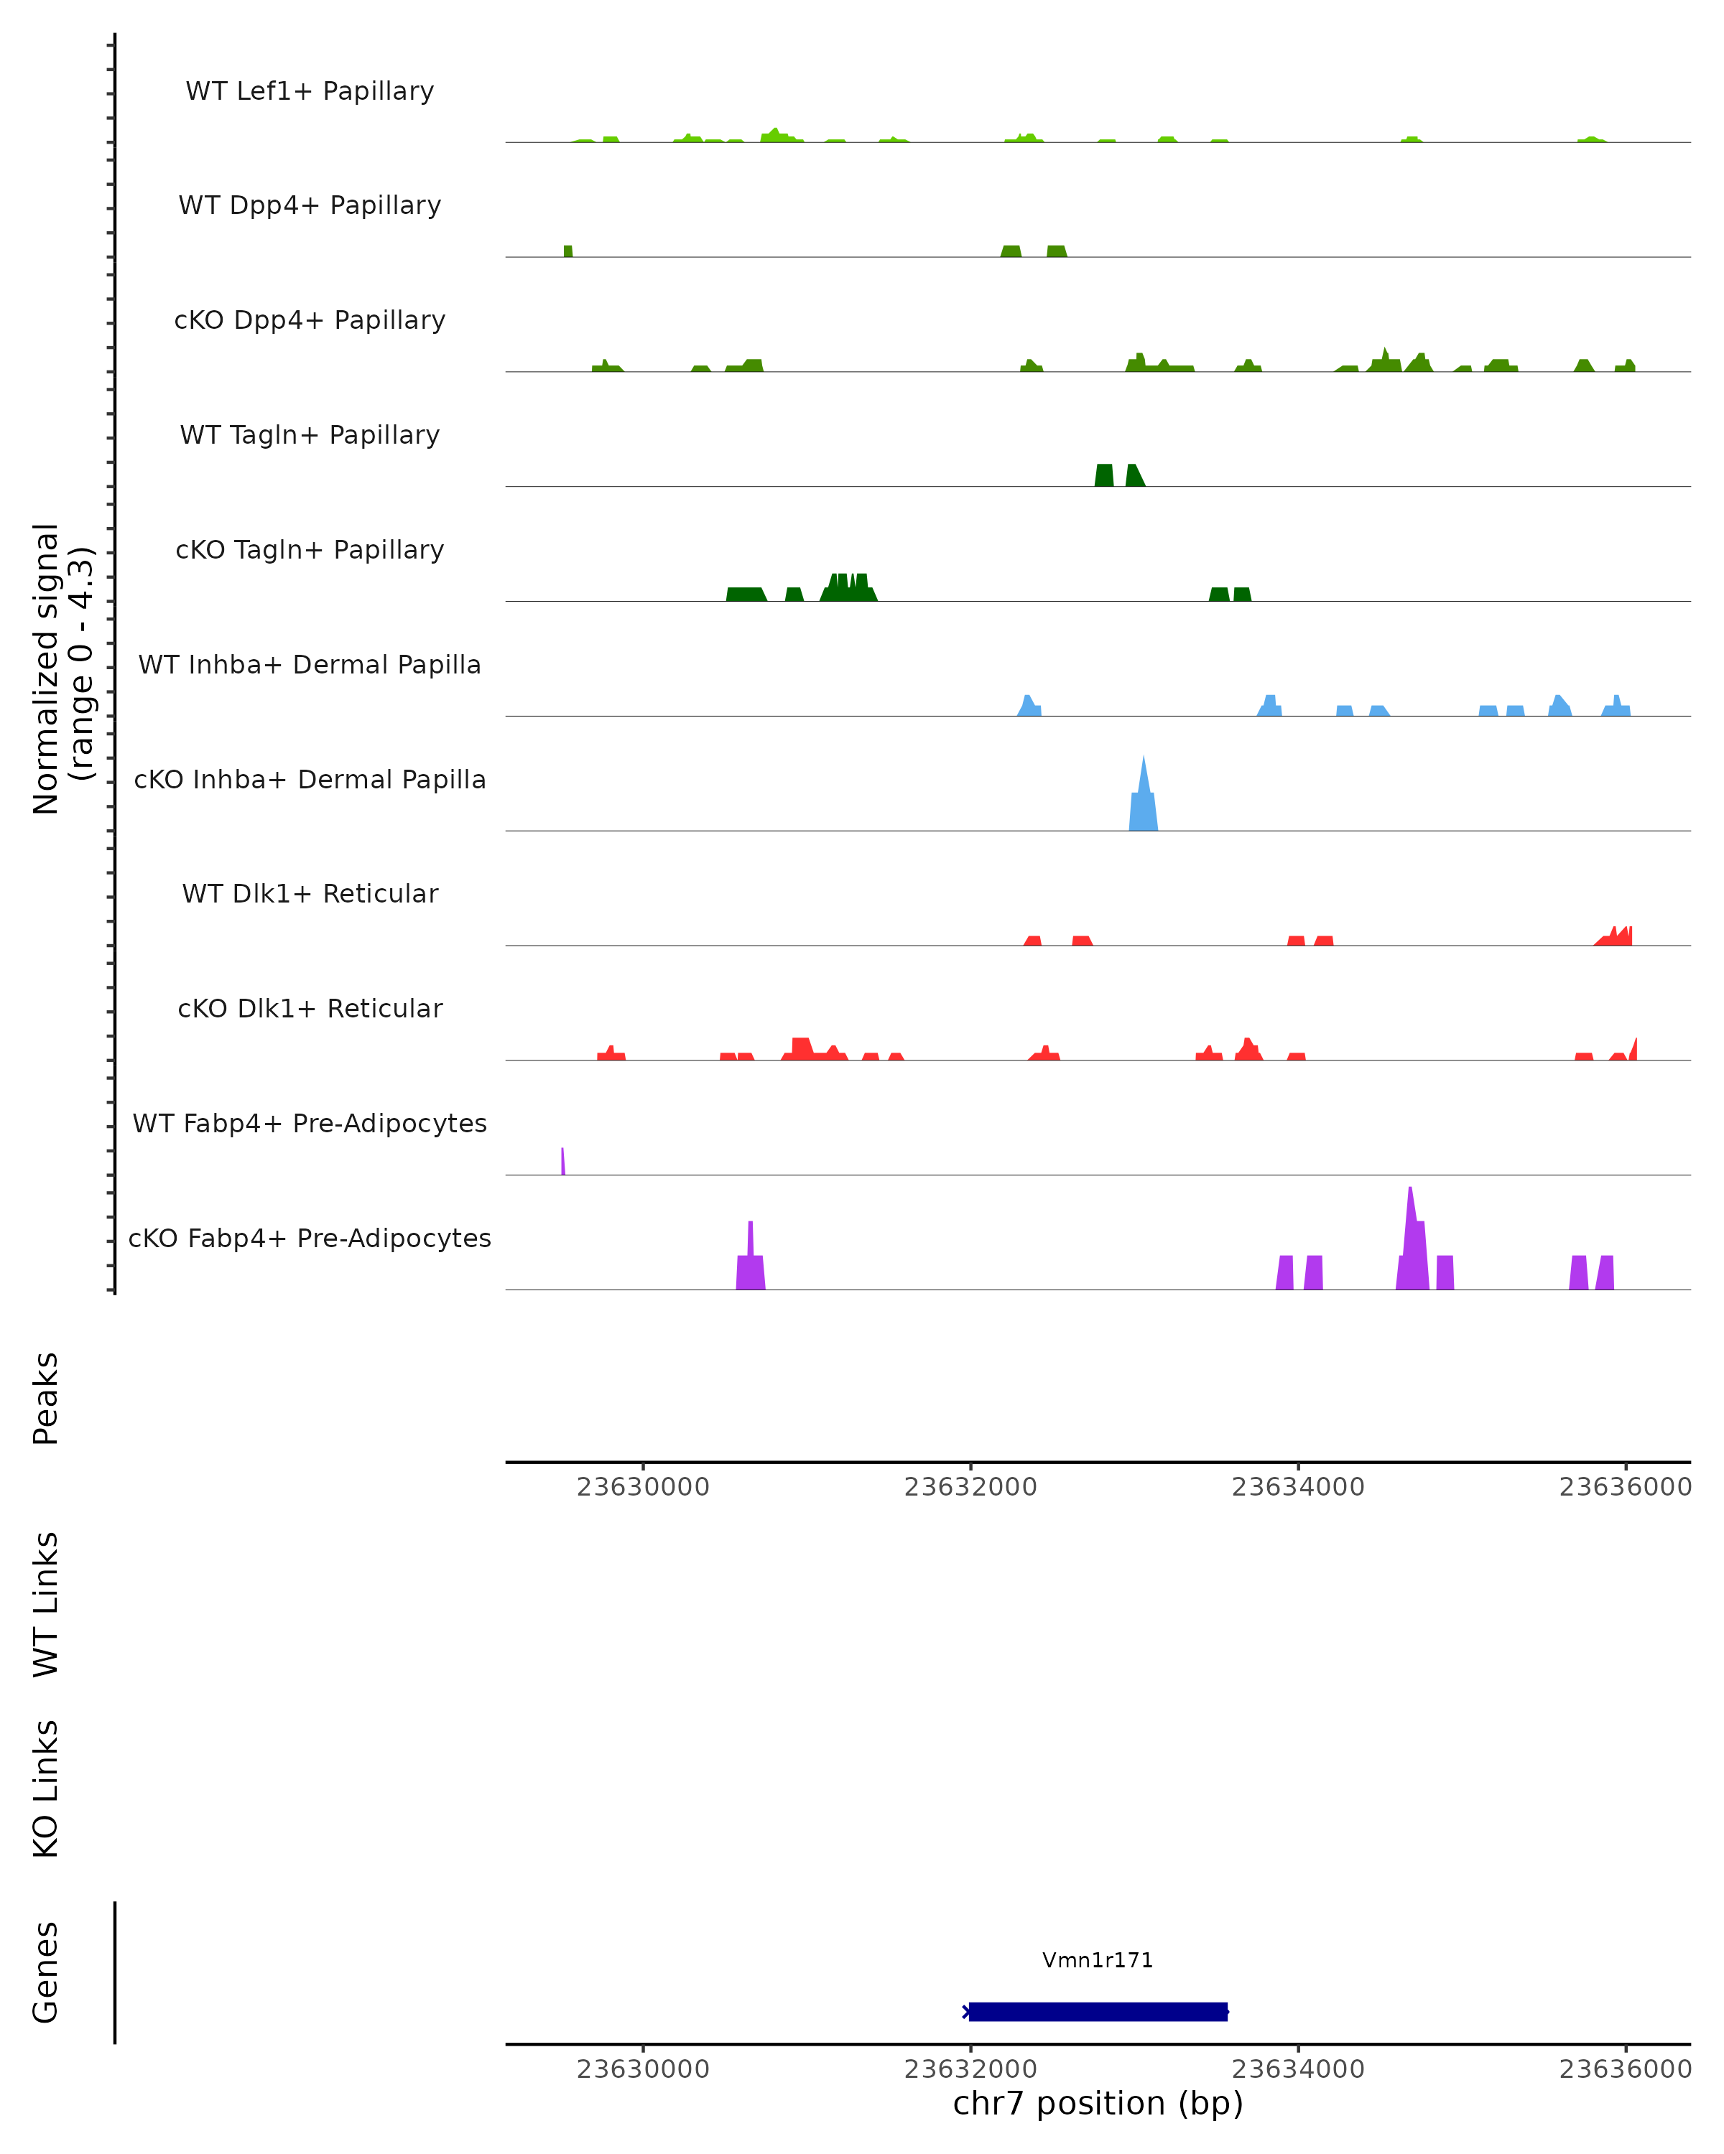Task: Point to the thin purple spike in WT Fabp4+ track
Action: point(562,1162)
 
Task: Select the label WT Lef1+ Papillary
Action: point(310,91)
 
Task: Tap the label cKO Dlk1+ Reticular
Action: point(310,1008)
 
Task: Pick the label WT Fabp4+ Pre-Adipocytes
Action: point(310,1123)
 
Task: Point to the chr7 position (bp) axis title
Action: point(1098,2103)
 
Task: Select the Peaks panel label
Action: point(46,1398)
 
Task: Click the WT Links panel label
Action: point(46,1603)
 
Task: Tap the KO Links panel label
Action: point(46,1789)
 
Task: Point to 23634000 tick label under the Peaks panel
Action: point(1297,1487)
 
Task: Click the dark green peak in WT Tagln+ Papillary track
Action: point(1104,475)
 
